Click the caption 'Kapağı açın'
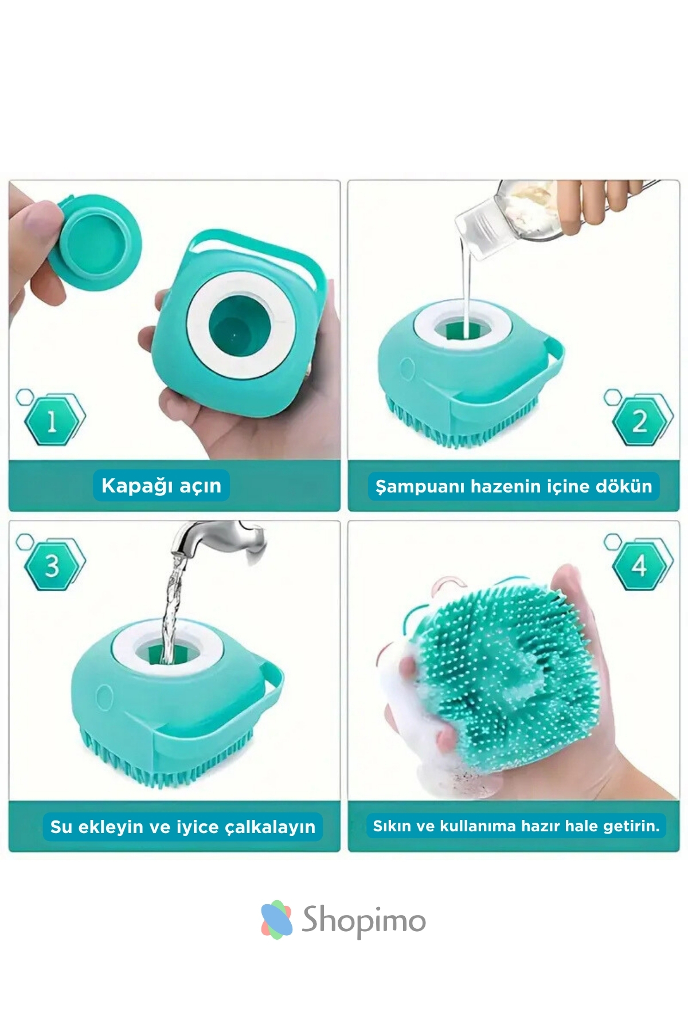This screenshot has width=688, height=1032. point(161,486)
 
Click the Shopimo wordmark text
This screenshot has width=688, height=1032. point(363,921)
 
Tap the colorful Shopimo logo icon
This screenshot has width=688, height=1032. point(276,920)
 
